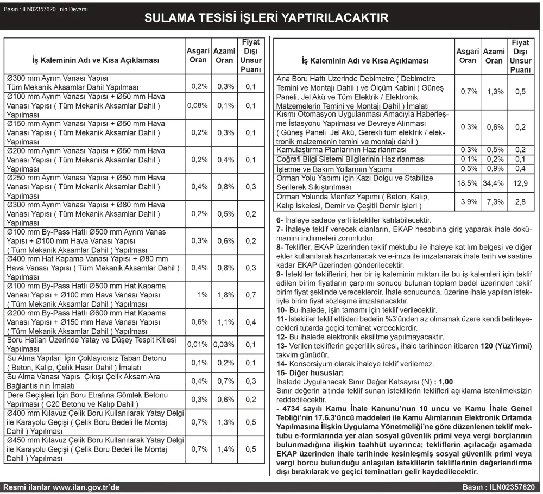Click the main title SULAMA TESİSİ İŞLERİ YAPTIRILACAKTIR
(x=266, y=18)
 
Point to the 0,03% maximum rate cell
(x=224, y=345)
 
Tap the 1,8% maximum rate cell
(x=224, y=295)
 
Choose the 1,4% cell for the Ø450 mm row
(x=224, y=449)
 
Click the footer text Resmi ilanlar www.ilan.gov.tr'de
(x=61, y=487)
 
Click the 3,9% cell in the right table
(x=468, y=201)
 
